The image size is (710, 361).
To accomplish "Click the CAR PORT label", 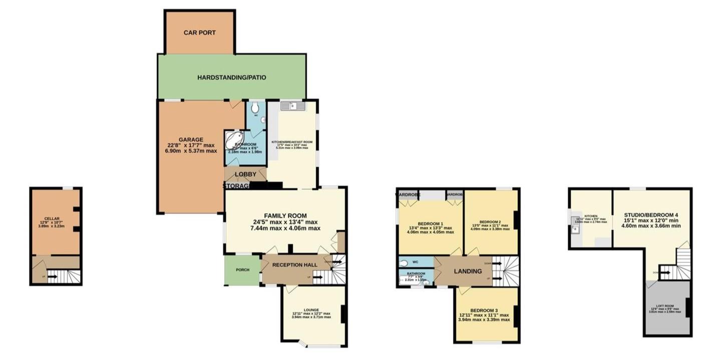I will (x=199, y=33).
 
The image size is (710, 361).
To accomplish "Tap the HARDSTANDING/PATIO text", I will (x=231, y=78).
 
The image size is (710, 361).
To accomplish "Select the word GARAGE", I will (x=191, y=140).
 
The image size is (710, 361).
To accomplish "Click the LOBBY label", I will (x=245, y=174).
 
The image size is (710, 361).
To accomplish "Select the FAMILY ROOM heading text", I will (x=285, y=216).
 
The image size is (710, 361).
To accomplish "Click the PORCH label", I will (x=242, y=270).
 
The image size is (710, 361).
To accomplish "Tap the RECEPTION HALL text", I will (x=292, y=265).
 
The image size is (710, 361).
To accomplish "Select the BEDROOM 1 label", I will (x=430, y=224).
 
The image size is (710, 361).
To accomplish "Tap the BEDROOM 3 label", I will (x=484, y=310).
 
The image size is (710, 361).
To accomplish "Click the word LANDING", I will (x=468, y=271).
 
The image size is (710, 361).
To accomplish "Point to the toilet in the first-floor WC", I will (x=405, y=262).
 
